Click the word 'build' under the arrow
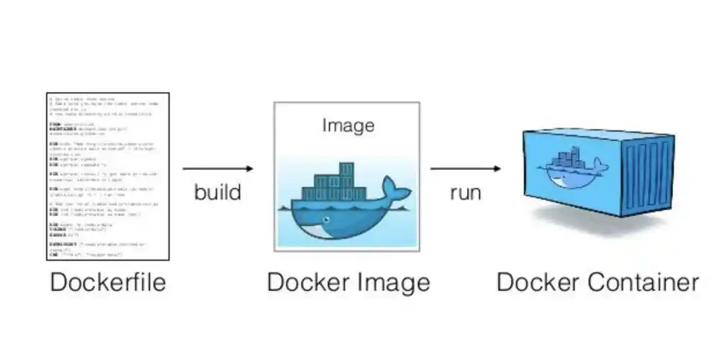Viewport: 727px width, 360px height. coord(217,192)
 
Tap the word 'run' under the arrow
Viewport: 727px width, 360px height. coord(465,192)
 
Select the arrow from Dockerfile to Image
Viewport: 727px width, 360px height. coord(218,168)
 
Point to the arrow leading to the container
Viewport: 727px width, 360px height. coord(465,168)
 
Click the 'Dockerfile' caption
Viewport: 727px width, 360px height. coord(107,282)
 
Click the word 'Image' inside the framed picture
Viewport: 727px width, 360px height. coord(348,125)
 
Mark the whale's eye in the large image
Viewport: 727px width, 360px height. coord(328,218)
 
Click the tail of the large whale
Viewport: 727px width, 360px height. coord(395,189)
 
